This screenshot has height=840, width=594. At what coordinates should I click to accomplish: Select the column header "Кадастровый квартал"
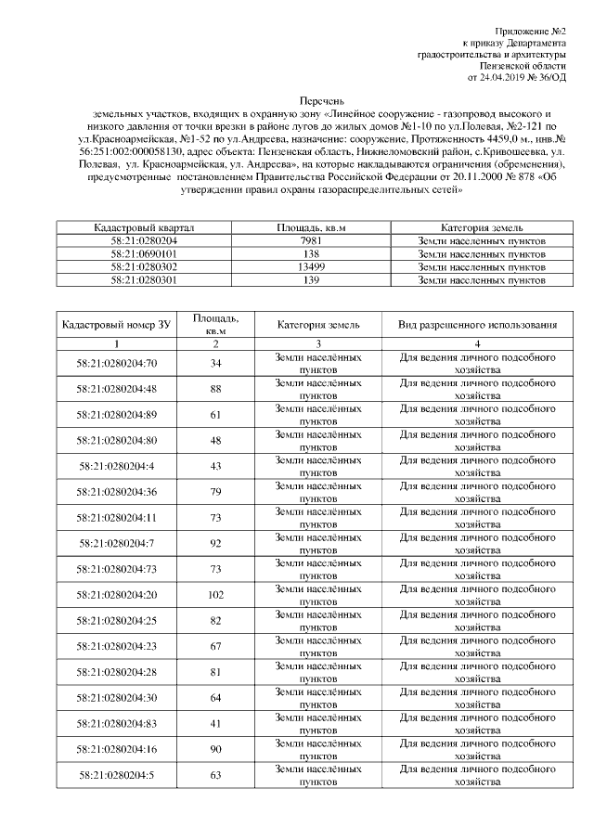[x=144, y=227]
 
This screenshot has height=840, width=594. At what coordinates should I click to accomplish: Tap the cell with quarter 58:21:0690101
[x=144, y=253]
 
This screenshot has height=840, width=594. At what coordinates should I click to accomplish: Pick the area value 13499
[x=312, y=266]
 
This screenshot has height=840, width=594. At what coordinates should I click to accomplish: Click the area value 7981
[x=312, y=240]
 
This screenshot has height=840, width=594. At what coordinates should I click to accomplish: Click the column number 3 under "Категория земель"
[x=312, y=343]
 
